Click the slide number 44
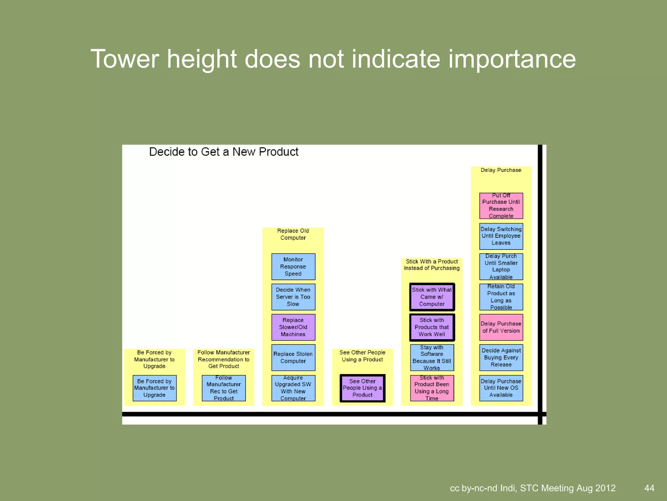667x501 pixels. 649,488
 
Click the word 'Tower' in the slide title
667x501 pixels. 124,59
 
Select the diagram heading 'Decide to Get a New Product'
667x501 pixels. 224,152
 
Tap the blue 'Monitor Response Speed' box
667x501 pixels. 293,266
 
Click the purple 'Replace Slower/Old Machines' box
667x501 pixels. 293,327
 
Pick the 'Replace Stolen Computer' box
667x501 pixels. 293,357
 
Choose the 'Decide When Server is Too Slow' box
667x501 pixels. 293,297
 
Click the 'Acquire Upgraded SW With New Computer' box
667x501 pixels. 293,388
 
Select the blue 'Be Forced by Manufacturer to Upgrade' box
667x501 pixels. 154,388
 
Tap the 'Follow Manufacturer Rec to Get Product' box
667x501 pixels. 224,388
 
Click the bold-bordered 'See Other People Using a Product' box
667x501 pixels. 362,388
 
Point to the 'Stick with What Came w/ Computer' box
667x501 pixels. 432,297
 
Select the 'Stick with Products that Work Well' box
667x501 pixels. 432,327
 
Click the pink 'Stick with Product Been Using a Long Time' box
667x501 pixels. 432,388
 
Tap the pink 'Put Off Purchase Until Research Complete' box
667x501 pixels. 501,206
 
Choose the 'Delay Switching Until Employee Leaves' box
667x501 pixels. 501,236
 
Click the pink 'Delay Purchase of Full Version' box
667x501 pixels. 501,327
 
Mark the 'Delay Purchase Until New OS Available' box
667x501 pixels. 501,388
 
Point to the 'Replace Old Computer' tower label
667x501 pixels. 293,234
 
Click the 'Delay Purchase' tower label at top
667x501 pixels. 501,170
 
